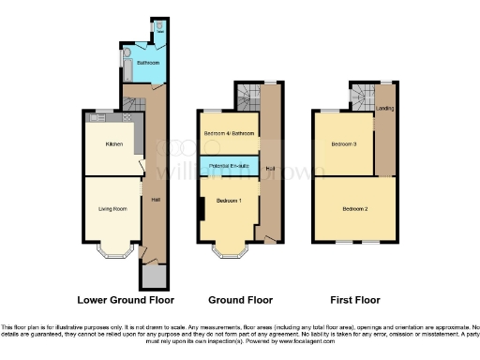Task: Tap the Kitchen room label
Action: click(114, 144)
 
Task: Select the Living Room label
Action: click(112, 208)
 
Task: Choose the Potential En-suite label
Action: click(230, 166)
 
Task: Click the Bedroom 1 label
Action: click(229, 202)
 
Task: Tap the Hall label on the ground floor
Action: click(270, 168)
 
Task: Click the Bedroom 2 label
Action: click(354, 207)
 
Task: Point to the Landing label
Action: click(384, 109)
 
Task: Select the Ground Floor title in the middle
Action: click(240, 300)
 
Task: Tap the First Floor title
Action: click(355, 300)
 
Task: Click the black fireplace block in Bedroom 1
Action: click(202, 209)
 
